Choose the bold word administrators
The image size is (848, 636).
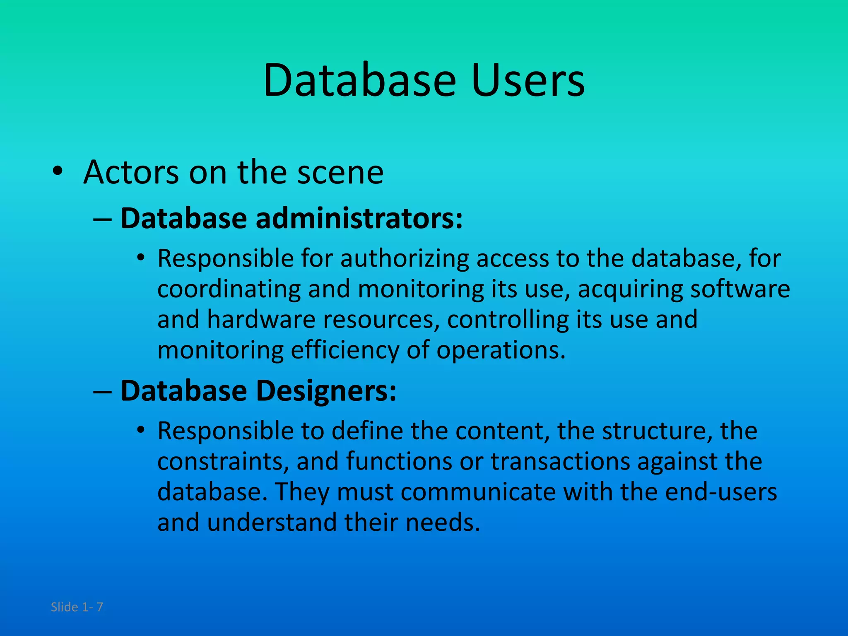(359, 218)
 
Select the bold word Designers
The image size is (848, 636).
(326, 390)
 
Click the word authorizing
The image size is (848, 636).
(405, 258)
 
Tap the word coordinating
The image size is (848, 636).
(229, 289)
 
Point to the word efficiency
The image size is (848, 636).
(344, 350)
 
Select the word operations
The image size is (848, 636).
(501, 350)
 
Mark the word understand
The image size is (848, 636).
(272, 523)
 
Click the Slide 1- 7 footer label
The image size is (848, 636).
(77, 607)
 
